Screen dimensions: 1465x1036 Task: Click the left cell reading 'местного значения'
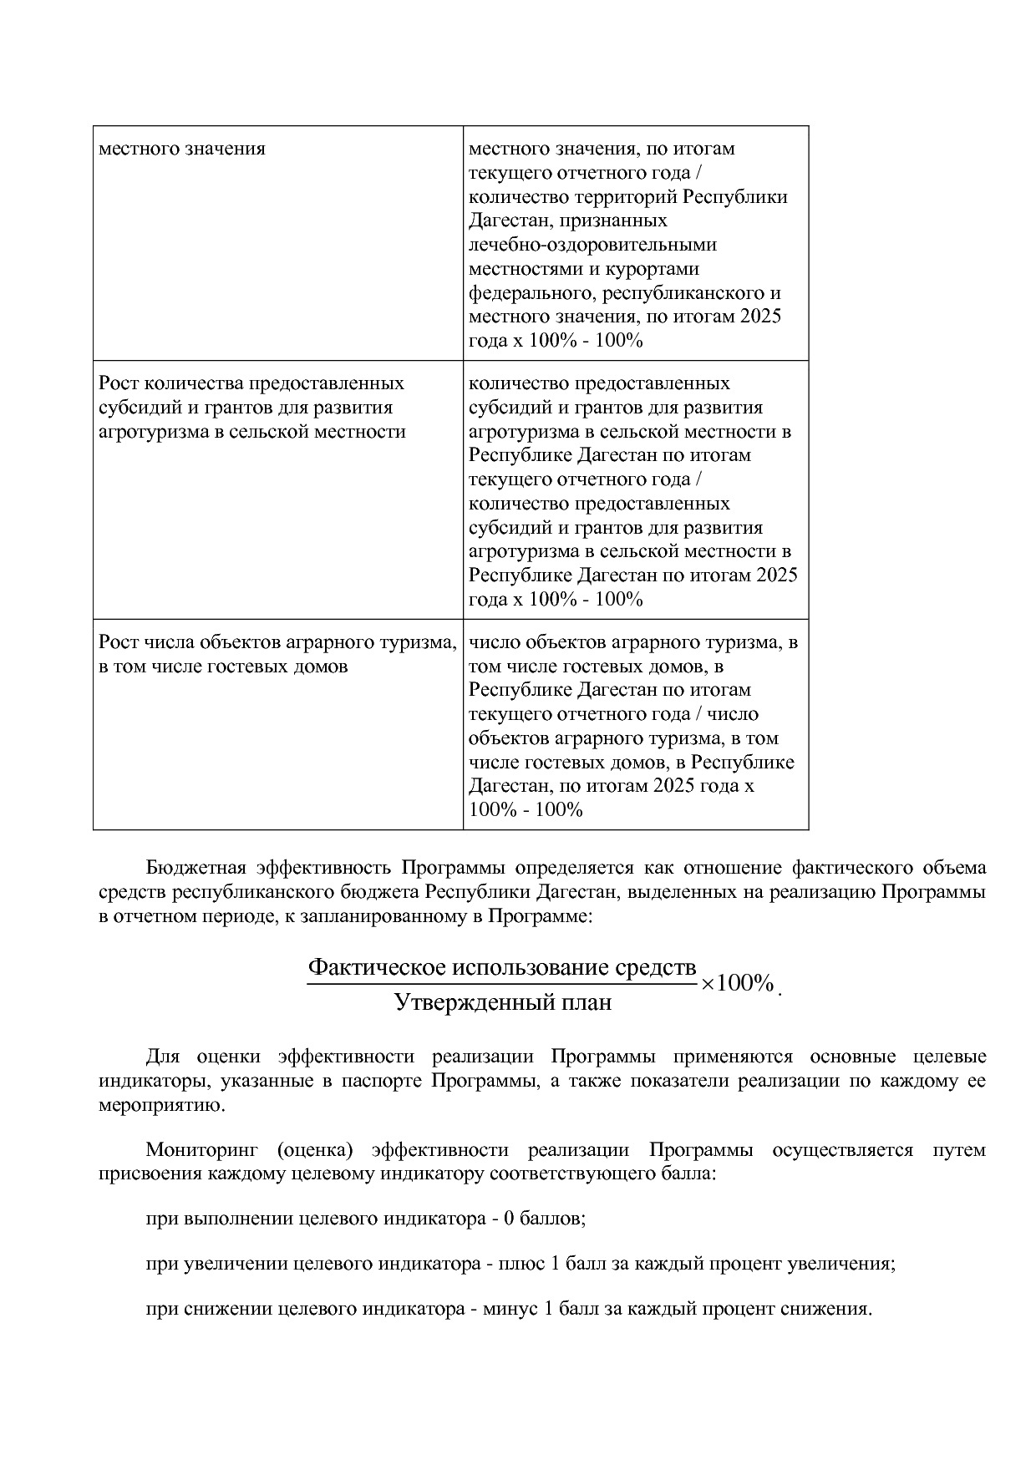[x=182, y=149]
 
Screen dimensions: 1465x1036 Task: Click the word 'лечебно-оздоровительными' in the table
[x=592, y=245]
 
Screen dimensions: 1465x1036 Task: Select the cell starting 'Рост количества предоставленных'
[x=251, y=407]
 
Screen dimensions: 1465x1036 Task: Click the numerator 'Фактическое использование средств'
[x=501, y=967]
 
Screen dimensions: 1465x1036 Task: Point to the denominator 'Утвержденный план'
[x=502, y=1002]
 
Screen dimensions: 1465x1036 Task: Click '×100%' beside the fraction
[x=737, y=983]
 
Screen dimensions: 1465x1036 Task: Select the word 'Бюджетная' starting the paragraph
[x=194, y=867]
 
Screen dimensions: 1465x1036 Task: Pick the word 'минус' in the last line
[x=511, y=1308]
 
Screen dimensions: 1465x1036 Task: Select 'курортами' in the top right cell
[x=658, y=269]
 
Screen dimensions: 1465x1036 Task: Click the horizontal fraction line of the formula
[x=501, y=984]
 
